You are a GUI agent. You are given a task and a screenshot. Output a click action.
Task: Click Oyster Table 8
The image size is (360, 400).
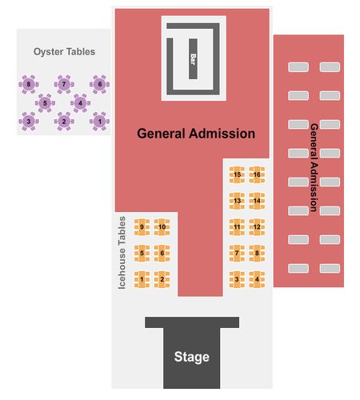[x=29, y=85]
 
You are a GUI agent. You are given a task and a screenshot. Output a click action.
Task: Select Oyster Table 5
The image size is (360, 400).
[x=45, y=103]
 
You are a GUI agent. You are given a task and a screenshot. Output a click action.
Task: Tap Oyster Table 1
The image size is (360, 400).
[x=99, y=122]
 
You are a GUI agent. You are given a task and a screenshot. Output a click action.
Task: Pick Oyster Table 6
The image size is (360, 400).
[x=99, y=84]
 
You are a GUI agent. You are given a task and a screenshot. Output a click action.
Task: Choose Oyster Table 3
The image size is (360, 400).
[x=29, y=122]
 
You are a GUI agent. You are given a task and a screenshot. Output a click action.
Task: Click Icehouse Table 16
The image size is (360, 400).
[x=257, y=174]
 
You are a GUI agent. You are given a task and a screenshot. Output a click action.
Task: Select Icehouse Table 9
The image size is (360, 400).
[x=142, y=227]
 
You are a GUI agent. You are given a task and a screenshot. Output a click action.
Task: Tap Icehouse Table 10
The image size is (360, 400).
[x=162, y=227]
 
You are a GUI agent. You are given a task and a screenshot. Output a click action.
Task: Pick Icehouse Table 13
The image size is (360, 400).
[x=237, y=201]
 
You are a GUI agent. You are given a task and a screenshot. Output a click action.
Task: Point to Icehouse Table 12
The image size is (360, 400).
[x=257, y=227]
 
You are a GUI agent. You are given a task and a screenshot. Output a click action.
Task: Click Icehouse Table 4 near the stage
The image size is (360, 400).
[x=257, y=279]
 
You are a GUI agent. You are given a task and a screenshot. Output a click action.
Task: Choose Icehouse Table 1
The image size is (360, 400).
[x=142, y=279]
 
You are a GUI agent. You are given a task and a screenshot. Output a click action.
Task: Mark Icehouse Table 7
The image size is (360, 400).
[x=237, y=253]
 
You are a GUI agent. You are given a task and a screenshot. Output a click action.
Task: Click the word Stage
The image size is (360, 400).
[x=192, y=357]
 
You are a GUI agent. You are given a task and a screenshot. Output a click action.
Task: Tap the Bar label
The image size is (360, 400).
[x=193, y=59]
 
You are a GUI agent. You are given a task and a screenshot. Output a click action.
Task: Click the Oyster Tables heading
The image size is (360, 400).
[x=64, y=52]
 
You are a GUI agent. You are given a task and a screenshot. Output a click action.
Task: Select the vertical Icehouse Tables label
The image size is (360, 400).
[x=122, y=253]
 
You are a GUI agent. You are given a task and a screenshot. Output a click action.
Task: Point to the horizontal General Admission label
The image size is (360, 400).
[x=196, y=134]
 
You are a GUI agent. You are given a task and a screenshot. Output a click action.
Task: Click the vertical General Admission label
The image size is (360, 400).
[x=314, y=167]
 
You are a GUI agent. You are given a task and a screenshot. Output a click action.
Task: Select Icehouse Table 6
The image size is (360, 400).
[x=162, y=253]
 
